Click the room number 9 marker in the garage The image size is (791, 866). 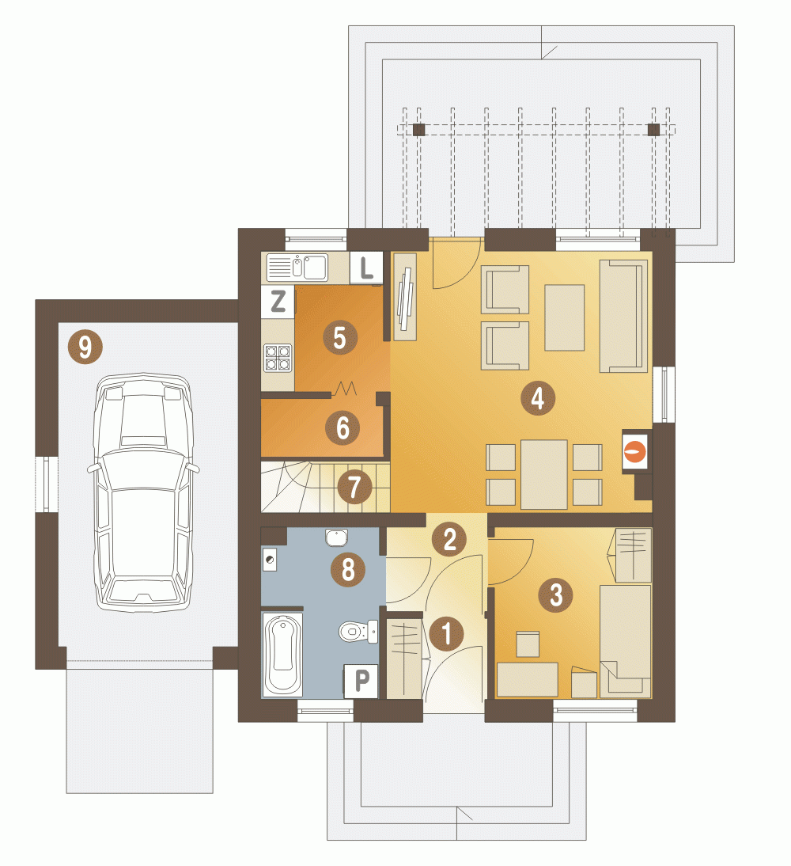pyautogui.click(x=85, y=347)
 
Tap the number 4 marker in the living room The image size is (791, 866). pyautogui.click(x=538, y=397)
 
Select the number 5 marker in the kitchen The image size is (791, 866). pyautogui.click(x=339, y=337)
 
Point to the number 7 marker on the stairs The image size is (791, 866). pyautogui.click(x=354, y=486)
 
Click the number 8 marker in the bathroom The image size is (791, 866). pyautogui.click(x=348, y=569)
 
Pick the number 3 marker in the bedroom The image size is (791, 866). pyautogui.click(x=556, y=594)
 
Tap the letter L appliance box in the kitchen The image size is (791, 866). pyautogui.click(x=366, y=268)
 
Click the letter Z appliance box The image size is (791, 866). pyautogui.click(x=278, y=302)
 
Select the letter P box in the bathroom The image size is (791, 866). pyautogui.click(x=361, y=681)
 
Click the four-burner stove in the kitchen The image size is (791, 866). pyautogui.click(x=277, y=357)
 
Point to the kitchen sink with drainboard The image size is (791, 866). pyautogui.click(x=297, y=268)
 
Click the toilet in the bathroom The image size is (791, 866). pyautogui.click(x=358, y=631)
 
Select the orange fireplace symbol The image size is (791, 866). pyautogui.click(x=635, y=450)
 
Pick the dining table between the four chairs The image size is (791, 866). pyautogui.click(x=543, y=474)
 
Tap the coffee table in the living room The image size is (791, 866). pyautogui.click(x=564, y=317)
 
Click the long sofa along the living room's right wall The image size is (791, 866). pyautogui.click(x=624, y=316)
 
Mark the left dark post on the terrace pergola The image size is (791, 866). pyautogui.click(x=419, y=130)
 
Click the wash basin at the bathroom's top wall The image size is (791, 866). pyautogui.click(x=336, y=537)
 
